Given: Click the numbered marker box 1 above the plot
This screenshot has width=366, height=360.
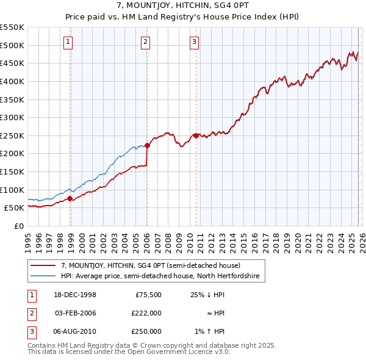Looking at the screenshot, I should pyautogui.click(x=67, y=41).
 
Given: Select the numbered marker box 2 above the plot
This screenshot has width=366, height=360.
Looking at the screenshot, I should pyautogui.click(x=146, y=41).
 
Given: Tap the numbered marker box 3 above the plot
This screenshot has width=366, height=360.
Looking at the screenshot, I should pyautogui.click(x=194, y=41).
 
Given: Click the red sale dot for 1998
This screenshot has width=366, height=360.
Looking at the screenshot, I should pyautogui.click(x=70, y=198).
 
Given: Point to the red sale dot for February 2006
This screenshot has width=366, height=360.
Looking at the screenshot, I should pyautogui.click(x=147, y=145).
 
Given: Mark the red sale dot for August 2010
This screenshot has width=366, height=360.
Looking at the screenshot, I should pyautogui.click(x=196, y=135).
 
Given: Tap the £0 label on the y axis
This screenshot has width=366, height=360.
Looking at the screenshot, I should pyautogui.click(x=18, y=226).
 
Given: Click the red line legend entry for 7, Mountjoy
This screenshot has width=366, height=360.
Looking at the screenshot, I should pyautogui.click(x=151, y=265).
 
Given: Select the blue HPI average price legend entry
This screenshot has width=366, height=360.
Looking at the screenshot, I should pyautogui.click(x=160, y=276).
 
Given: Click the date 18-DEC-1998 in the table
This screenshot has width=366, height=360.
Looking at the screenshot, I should pyautogui.click(x=75, y=295).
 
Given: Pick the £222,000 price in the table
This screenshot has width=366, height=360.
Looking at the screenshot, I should pyautogui.click(x=146, y=313).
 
